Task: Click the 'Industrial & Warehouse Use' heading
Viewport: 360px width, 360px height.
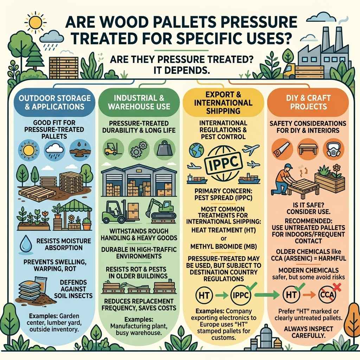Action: pyautogui.click(x=140, y=102)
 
